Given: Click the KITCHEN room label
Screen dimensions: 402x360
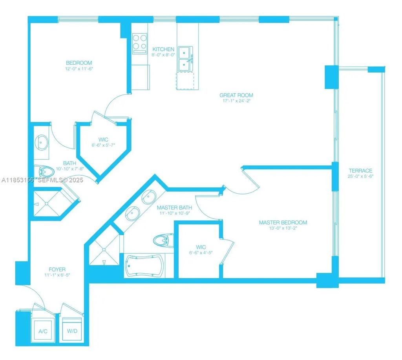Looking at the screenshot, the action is coord(163,49).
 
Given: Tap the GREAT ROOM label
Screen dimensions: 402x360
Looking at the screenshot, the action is coord(236,95).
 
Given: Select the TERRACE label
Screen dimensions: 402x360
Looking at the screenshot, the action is coord(360,171).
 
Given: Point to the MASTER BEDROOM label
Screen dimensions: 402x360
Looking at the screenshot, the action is coord(283,222).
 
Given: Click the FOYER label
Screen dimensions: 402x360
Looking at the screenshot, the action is coord(57,269).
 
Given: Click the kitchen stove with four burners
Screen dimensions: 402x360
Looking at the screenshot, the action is coord(140,44).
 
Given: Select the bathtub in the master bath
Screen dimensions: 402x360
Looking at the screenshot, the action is coord(145,265).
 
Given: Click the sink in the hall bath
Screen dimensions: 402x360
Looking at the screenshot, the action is coord(42,142).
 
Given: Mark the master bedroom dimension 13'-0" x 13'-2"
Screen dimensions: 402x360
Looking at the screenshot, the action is coord(283,228).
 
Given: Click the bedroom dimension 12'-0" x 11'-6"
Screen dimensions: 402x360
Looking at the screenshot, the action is coord(79,69).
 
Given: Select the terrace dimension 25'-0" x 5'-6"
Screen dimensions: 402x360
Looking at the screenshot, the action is coord(360,176).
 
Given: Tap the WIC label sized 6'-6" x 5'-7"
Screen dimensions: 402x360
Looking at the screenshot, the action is coord(103,140).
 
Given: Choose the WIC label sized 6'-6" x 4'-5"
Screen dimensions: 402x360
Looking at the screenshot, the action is coord(201,247).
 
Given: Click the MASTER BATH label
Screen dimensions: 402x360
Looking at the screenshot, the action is coord(174,207).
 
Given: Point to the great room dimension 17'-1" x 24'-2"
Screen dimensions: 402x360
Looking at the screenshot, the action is coord(236,101).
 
